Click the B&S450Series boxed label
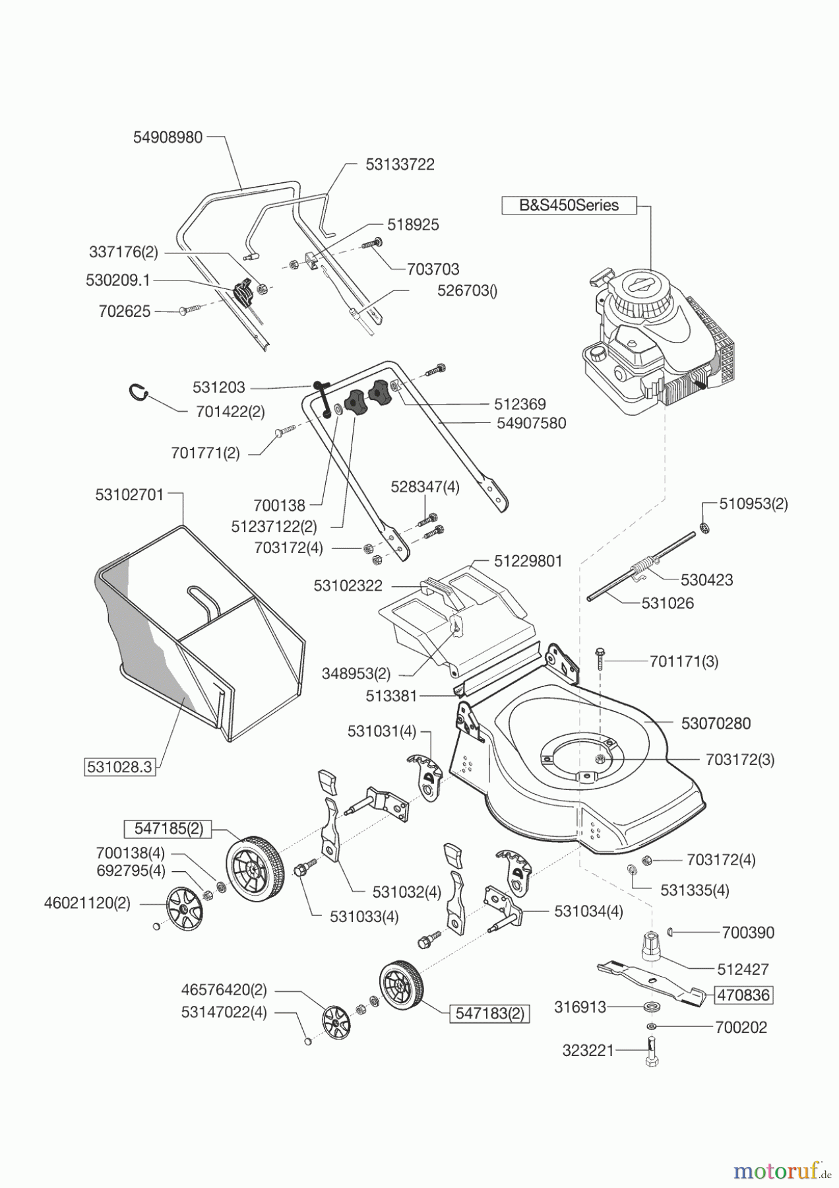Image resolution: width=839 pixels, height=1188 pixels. (569, 205)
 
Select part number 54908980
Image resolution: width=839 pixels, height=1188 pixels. (168, 138)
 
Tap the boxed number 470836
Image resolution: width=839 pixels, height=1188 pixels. (743, 995)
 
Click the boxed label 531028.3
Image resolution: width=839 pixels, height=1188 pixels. (120, 767)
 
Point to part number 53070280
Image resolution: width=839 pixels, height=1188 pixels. (716, 723)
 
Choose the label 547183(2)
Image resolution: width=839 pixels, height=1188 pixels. (489, 1013)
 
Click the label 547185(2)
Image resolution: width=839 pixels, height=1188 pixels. (168, 828)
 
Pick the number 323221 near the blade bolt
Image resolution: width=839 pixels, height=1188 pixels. (588, 1050)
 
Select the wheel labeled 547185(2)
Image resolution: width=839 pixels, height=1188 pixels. (254, 868)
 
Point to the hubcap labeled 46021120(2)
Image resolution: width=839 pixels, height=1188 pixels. (184, 909)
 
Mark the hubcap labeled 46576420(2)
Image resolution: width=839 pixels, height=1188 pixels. (336, 1024)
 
